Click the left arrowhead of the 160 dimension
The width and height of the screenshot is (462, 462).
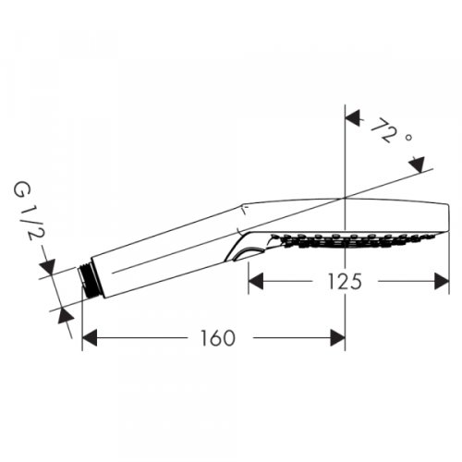(x=90, y=338)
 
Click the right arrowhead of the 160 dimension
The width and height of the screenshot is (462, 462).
(x=338, y=338)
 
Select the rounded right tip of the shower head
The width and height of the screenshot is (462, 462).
(x=447, y=216)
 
